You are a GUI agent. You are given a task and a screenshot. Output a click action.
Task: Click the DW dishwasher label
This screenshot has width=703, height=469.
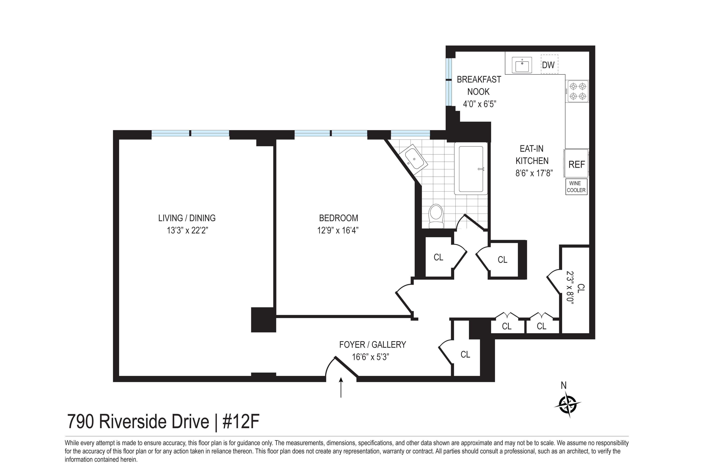[548, 65]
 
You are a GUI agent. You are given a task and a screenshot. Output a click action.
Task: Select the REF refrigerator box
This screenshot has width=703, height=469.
[576, 164]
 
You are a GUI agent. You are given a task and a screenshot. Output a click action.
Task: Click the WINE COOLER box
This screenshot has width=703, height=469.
[576, 187]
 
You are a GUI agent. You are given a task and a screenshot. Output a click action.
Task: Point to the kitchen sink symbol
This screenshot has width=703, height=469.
[522, 65]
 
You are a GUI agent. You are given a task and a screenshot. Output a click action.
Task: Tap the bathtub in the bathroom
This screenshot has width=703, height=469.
[471, 169]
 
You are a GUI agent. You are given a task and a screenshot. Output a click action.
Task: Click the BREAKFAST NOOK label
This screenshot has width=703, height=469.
[479, 86]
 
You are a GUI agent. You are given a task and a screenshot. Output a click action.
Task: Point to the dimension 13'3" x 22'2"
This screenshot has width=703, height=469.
[187, 230]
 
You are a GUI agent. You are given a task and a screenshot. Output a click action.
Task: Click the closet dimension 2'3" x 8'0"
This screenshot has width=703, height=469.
[570, 288]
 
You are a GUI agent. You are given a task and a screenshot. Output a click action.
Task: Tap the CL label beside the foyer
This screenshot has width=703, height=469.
[465, 354]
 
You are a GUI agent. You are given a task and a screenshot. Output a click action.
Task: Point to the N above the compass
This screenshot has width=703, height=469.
[563, 386]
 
